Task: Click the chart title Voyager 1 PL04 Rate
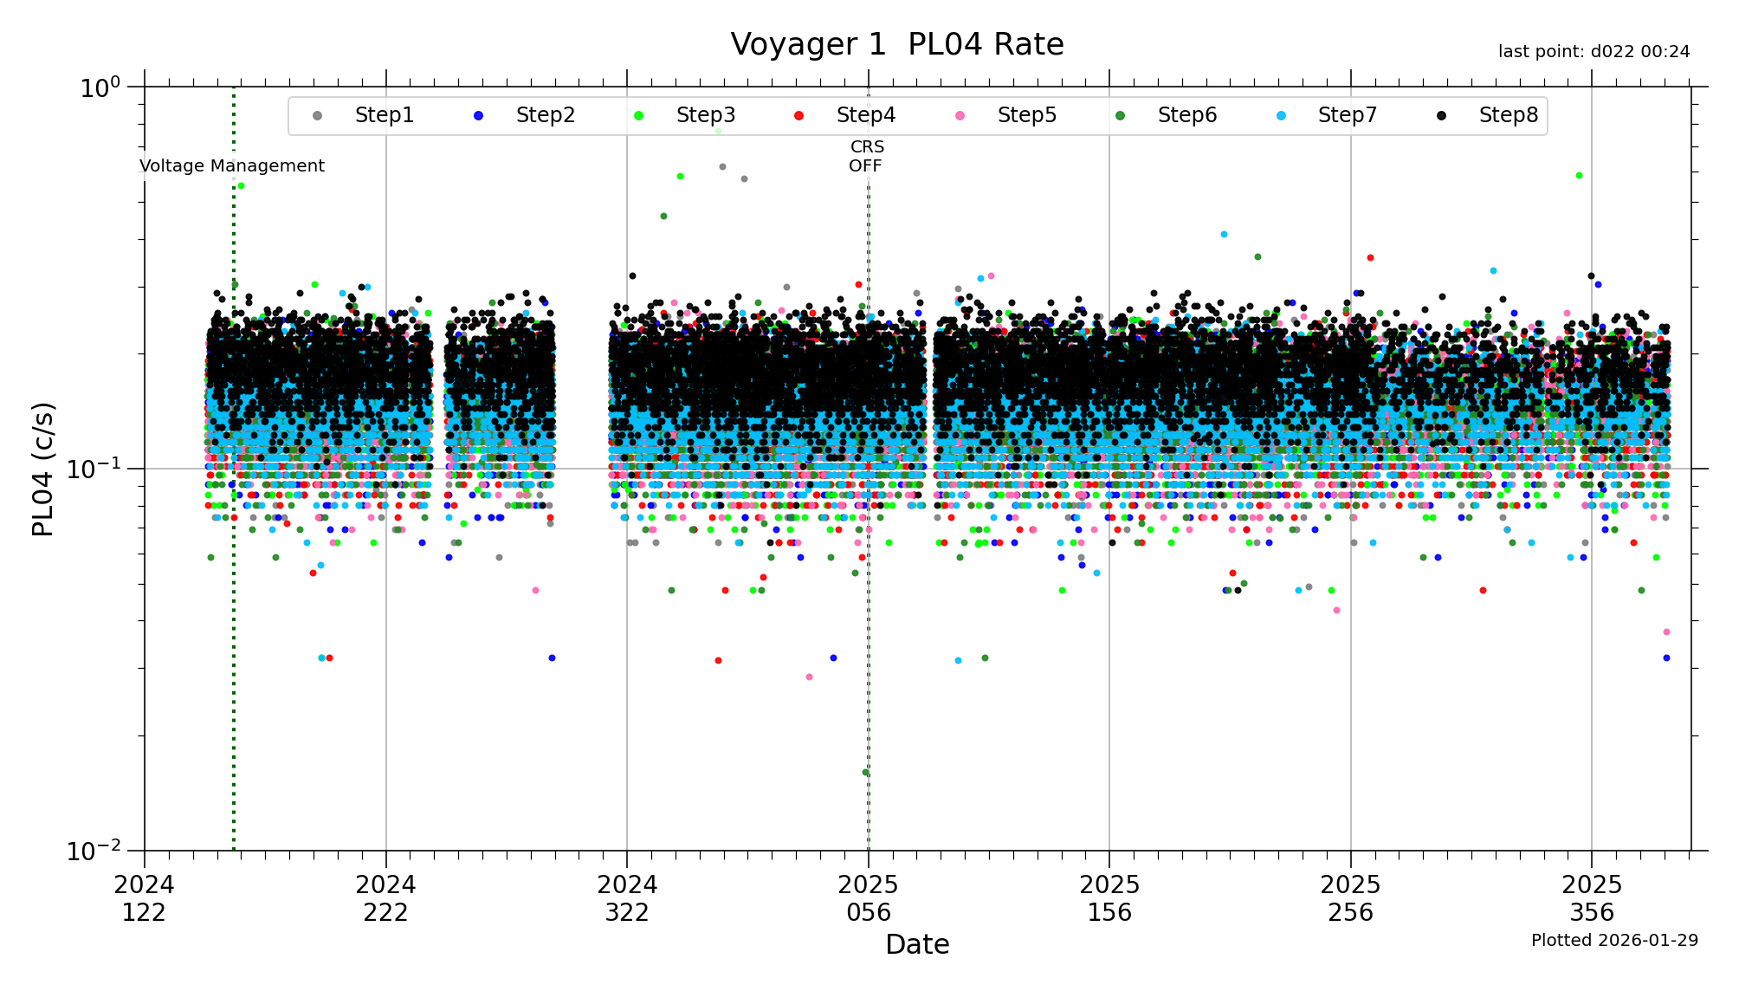tap(896, 44)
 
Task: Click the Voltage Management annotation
tap(232, 165)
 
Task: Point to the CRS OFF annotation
tap(866, 157)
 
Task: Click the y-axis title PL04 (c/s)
tap(43, 469)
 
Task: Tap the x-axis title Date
tap(917, 944)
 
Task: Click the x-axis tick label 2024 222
tap(385, 898)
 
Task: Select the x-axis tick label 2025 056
tap(868, 898)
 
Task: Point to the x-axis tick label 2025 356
tap(1591, 898)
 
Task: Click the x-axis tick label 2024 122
tap(144, 898)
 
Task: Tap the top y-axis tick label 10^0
tap(100, 87)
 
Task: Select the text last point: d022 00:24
tap(1594, 52)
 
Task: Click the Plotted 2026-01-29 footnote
tap(1614, 941)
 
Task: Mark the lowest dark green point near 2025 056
tap(865, 772)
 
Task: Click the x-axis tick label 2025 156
tap(1109, 898)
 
